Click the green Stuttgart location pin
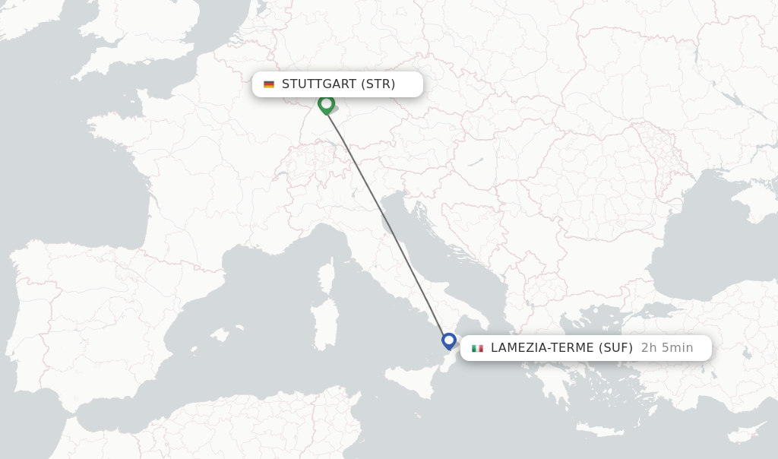327,103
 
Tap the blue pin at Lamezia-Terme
449,340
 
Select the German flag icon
269,84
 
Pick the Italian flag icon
477,348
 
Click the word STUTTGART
319,84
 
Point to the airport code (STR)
378,84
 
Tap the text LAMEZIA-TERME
542,348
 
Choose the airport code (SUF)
616,348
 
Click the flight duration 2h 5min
667,348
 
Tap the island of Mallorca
220,334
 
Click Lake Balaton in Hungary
476,162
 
